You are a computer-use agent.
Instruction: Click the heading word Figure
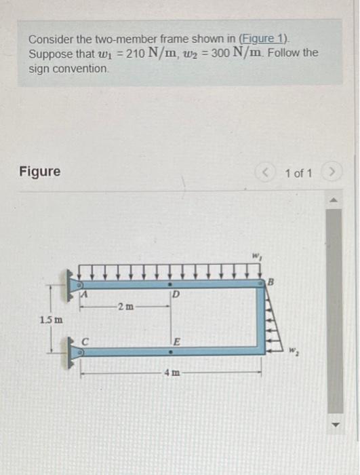pos(40,172)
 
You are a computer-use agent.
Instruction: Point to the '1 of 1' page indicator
pos(299,173)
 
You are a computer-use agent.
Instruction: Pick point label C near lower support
pos(85,341)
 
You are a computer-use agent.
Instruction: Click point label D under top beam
pos(175,294)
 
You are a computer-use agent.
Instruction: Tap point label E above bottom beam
pos(175,341)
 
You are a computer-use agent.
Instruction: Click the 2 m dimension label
pos(123,308)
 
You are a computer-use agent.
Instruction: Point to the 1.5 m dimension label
pos(50,319)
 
